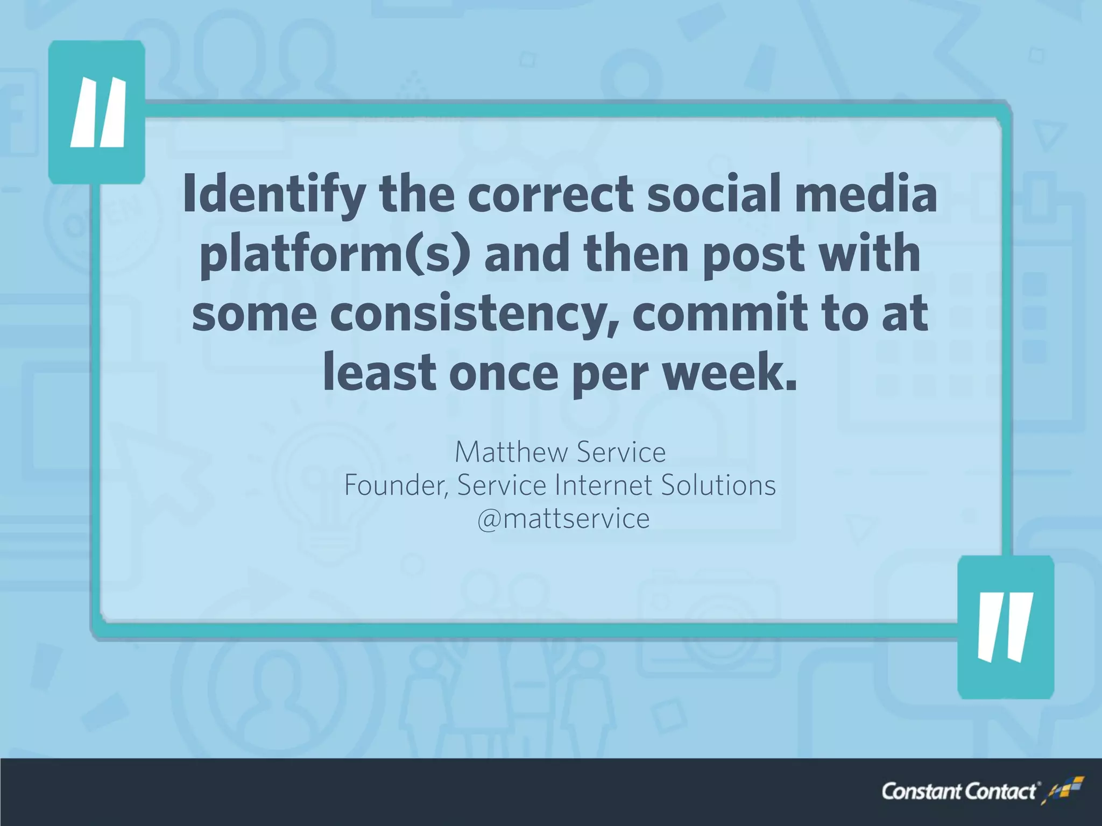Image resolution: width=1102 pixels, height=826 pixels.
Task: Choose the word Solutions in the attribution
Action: click(718, 486)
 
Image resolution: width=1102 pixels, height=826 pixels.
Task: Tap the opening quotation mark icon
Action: click(97, 112)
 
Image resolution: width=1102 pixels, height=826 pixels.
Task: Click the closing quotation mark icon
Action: click(1005, 627)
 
